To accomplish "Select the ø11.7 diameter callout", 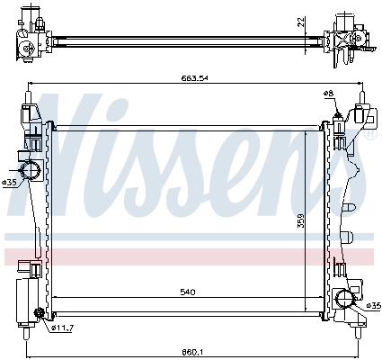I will coord(61,327).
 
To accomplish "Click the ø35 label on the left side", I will coord(9,183).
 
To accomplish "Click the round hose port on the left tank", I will coord(29,169).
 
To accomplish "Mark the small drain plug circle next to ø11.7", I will coord(39,314).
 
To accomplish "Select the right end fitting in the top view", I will coord(346,36).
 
